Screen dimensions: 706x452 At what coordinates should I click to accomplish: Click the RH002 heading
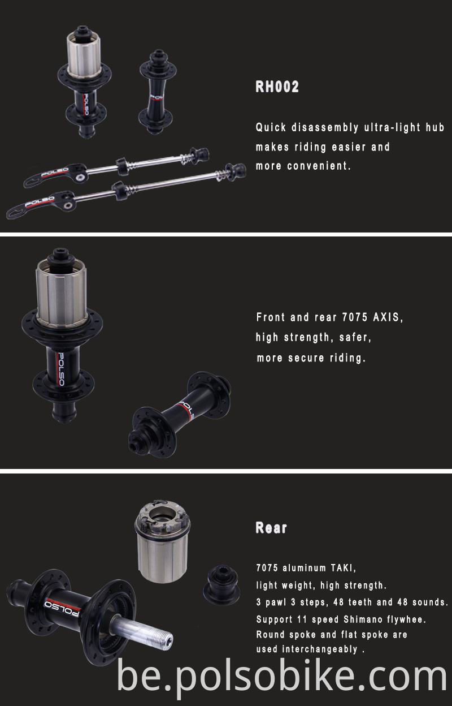click(277, 87)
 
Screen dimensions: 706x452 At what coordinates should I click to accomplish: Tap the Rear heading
click(271, 528)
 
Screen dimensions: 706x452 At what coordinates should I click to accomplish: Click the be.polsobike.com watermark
click(282, 677)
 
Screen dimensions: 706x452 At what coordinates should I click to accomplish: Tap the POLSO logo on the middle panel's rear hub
click(58, 368)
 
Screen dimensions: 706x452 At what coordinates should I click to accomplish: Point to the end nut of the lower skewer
click(237, 169)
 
